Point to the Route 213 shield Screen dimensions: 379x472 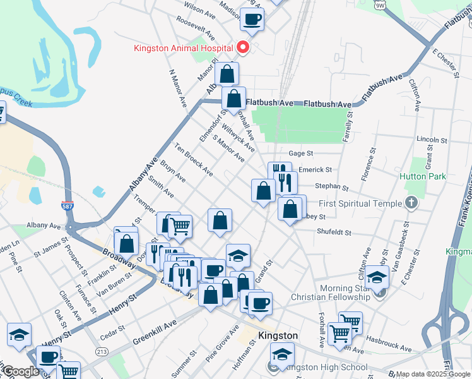[102, 351]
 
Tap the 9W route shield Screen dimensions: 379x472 [379, 4]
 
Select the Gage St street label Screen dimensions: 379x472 [301, 153]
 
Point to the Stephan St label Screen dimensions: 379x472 [332, 187]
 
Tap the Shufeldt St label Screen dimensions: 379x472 [334, 231]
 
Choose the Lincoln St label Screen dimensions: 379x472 [432, 139]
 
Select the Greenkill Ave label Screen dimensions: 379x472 [155, 332]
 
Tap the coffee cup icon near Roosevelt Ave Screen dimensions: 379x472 [252, 21]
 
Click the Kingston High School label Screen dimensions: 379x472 [327, 367]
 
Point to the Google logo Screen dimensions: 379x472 [21, 371]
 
